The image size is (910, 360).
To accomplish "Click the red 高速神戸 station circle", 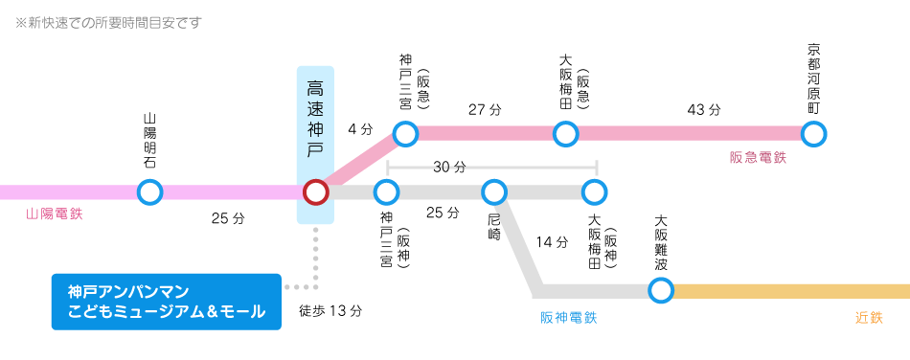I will point(315,192).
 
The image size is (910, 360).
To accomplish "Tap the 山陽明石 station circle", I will point(149,192).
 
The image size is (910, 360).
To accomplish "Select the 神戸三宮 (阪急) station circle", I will point(405,133).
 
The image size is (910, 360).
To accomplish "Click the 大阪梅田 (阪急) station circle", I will point(565,133).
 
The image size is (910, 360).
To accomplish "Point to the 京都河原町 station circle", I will point(814,133).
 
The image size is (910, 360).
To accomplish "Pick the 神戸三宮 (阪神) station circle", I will point(386,192).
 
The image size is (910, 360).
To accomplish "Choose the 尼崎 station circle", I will point(494,192).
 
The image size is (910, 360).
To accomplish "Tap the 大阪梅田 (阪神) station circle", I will point(596,192).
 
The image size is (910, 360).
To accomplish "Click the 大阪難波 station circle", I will point(661,289).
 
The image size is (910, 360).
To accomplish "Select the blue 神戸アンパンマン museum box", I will point(167,302).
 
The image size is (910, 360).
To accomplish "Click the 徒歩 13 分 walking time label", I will point(330,311).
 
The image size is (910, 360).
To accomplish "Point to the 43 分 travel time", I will point(704,110).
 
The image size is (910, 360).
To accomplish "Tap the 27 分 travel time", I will point(485,110).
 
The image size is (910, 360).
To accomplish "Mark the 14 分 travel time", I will point(553,242).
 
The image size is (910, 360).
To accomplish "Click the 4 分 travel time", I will point(360,127).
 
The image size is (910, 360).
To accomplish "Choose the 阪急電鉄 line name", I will point(758,157).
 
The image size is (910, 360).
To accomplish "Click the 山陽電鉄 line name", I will point(55,214).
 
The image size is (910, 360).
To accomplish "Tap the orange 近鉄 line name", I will point(869,317).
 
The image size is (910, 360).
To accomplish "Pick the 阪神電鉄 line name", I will point(569,317).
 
